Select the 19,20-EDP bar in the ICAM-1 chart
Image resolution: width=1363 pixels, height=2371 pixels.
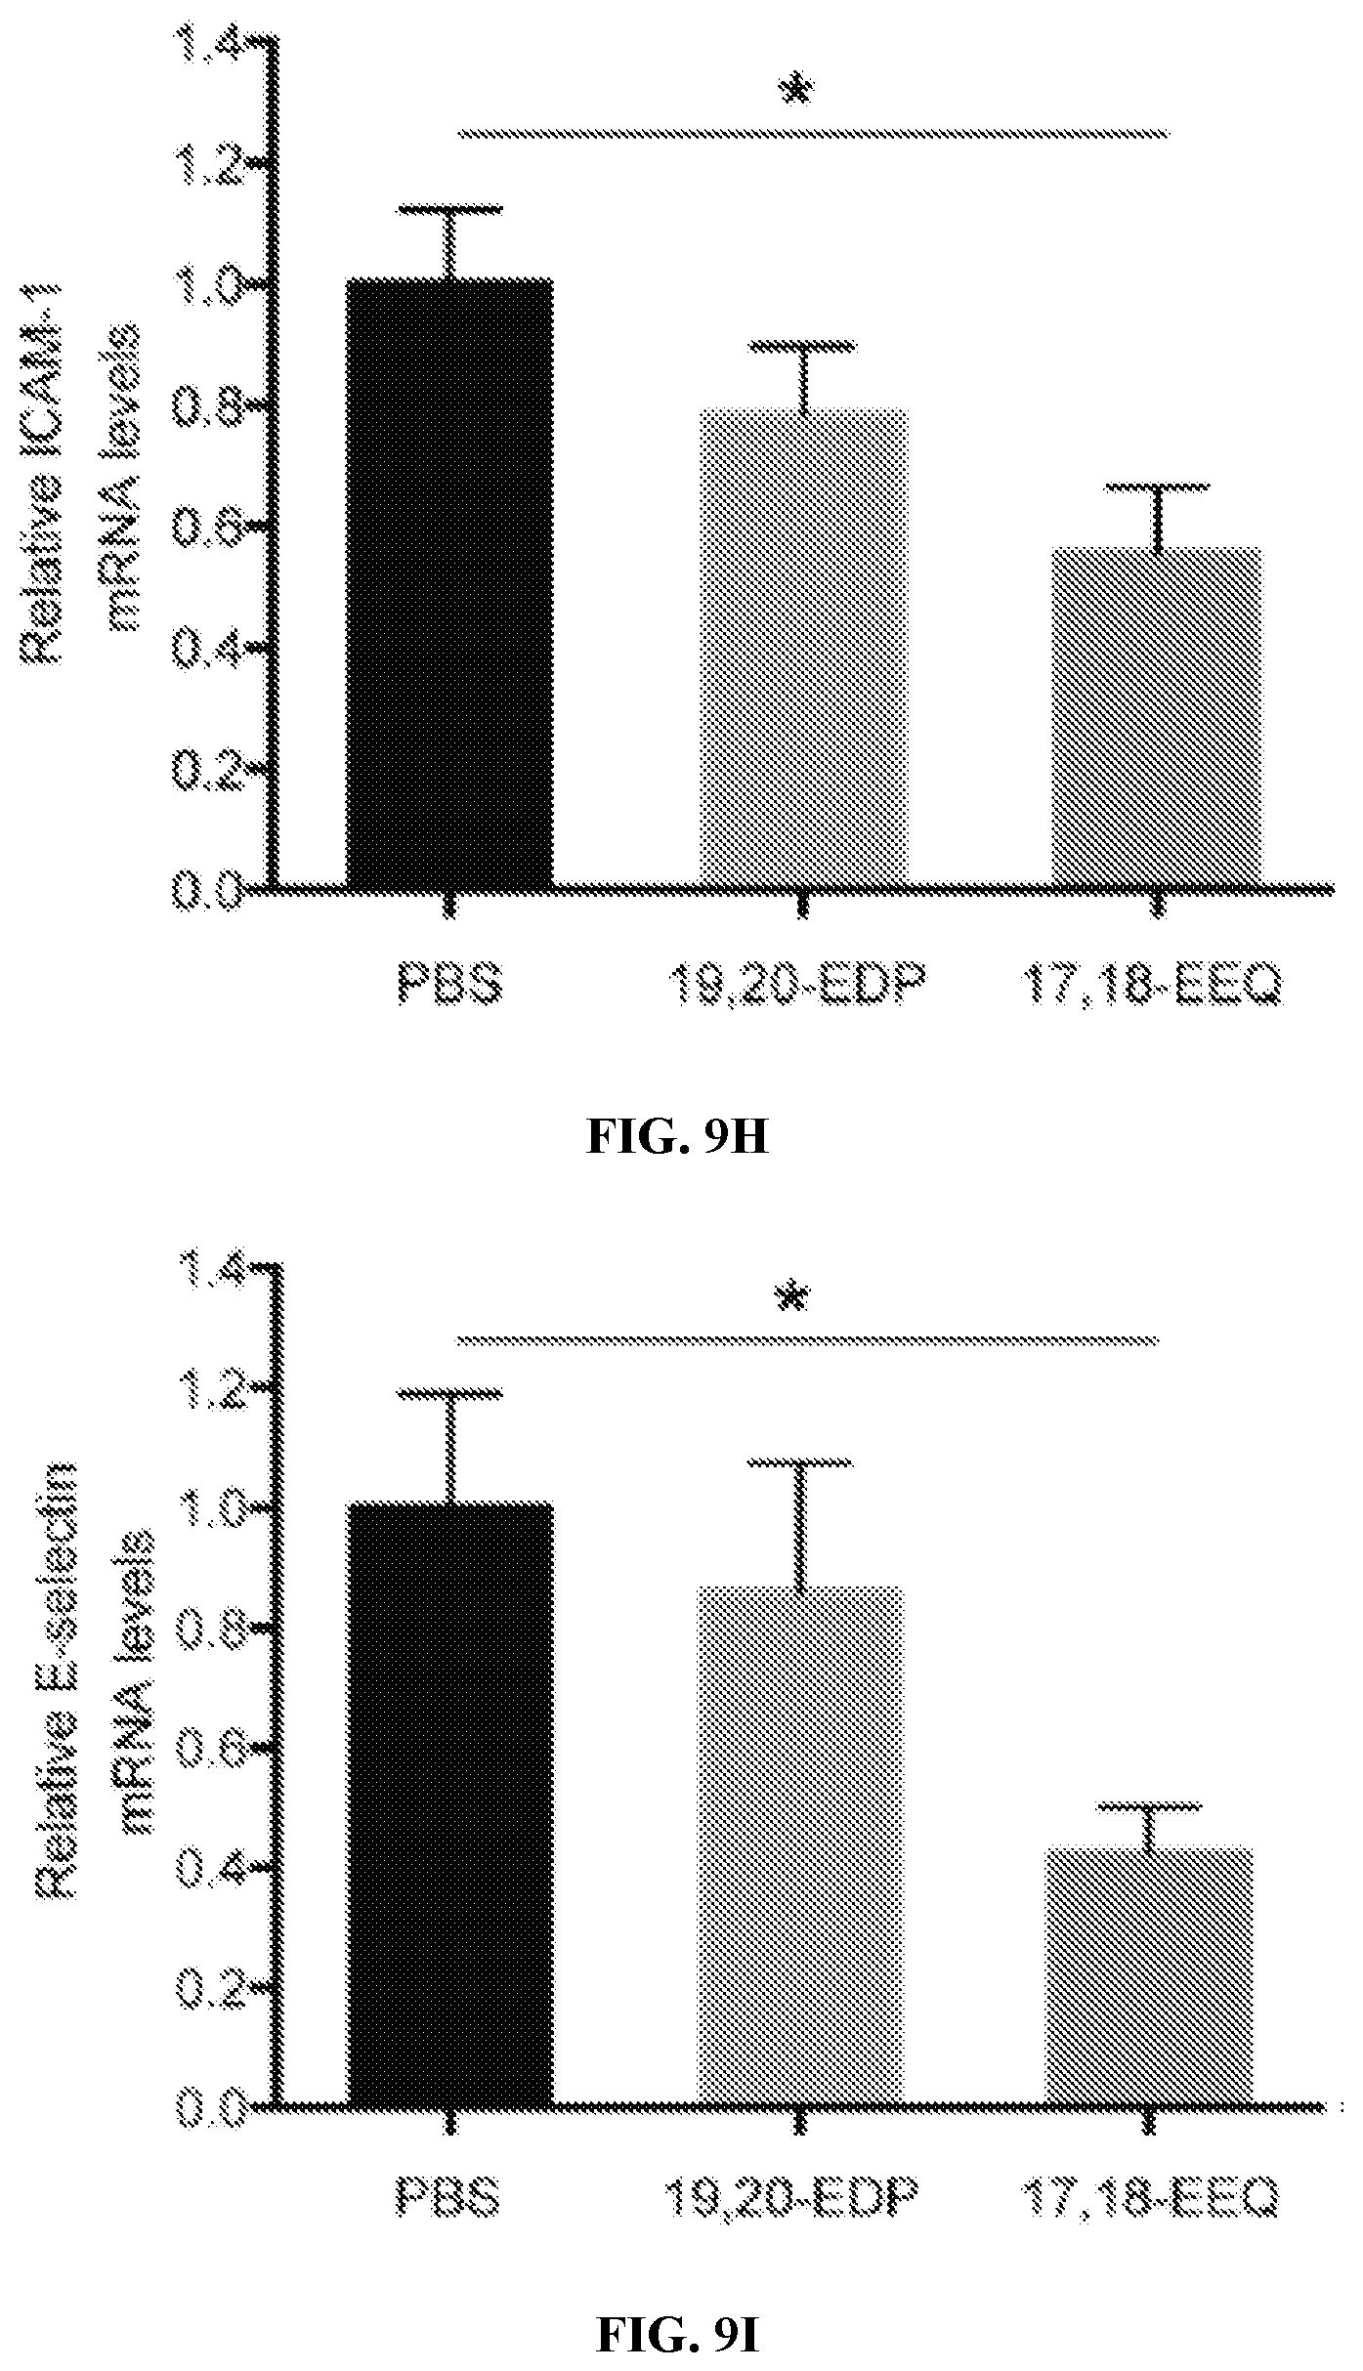[x=803, y=650]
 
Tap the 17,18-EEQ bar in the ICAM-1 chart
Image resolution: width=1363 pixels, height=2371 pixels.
[x=1157, y=718]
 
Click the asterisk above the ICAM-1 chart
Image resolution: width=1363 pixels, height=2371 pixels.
[x=797, y=91]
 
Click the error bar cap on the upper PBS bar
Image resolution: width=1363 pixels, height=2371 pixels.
[x=450, y=208]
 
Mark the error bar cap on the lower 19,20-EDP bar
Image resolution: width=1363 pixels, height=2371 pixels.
[x=799, y=1756]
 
